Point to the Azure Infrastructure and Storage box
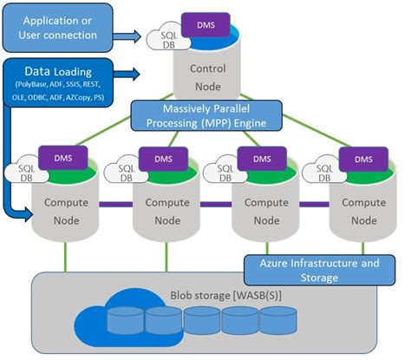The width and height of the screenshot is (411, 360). [318, 269]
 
